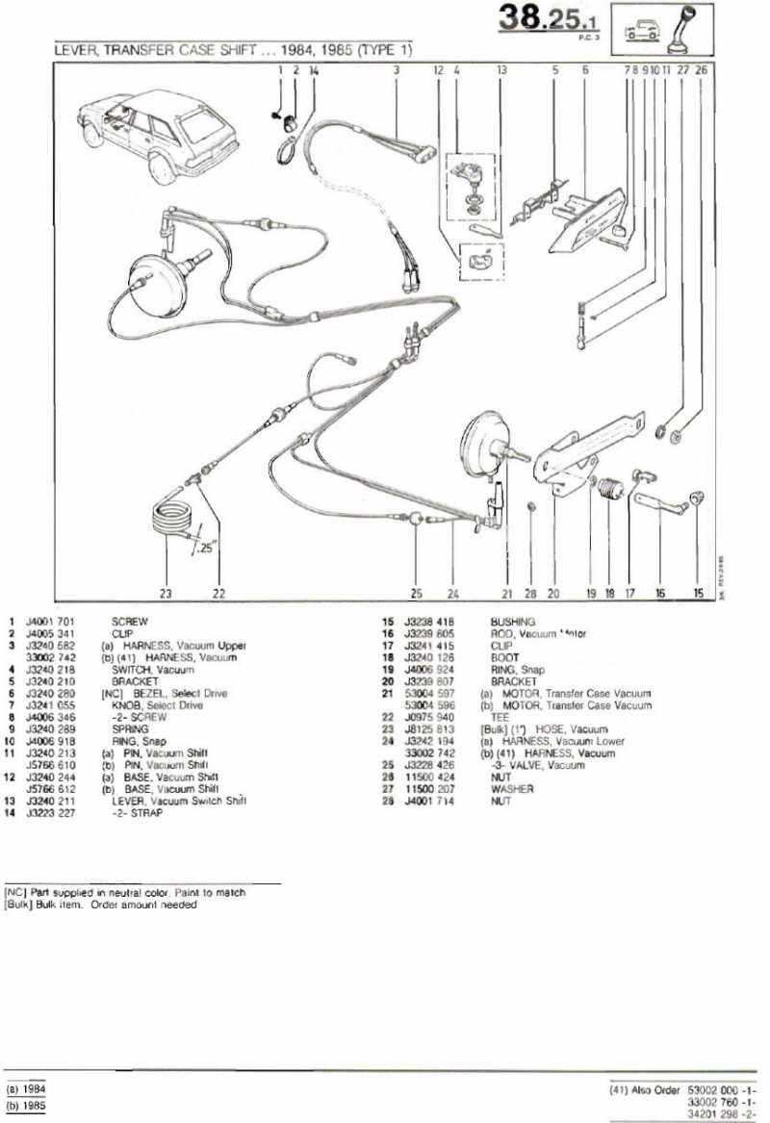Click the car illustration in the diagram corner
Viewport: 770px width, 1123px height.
[x=155, y=130]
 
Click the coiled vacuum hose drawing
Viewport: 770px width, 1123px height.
[x=173, y=520]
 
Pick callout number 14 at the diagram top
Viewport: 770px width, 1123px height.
[x=314, y=70]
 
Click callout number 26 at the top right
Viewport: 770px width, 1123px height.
[x=701, y=70]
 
